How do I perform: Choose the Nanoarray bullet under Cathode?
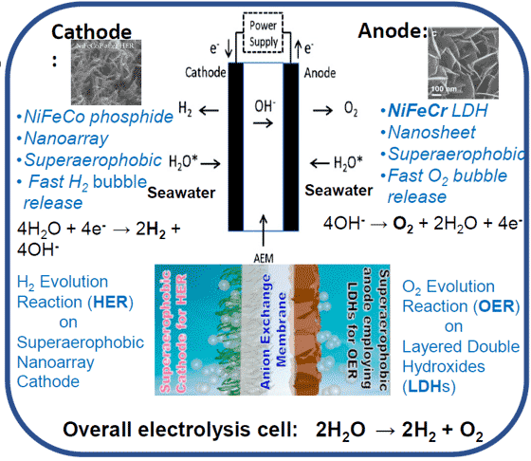click(x=60, y=138)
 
